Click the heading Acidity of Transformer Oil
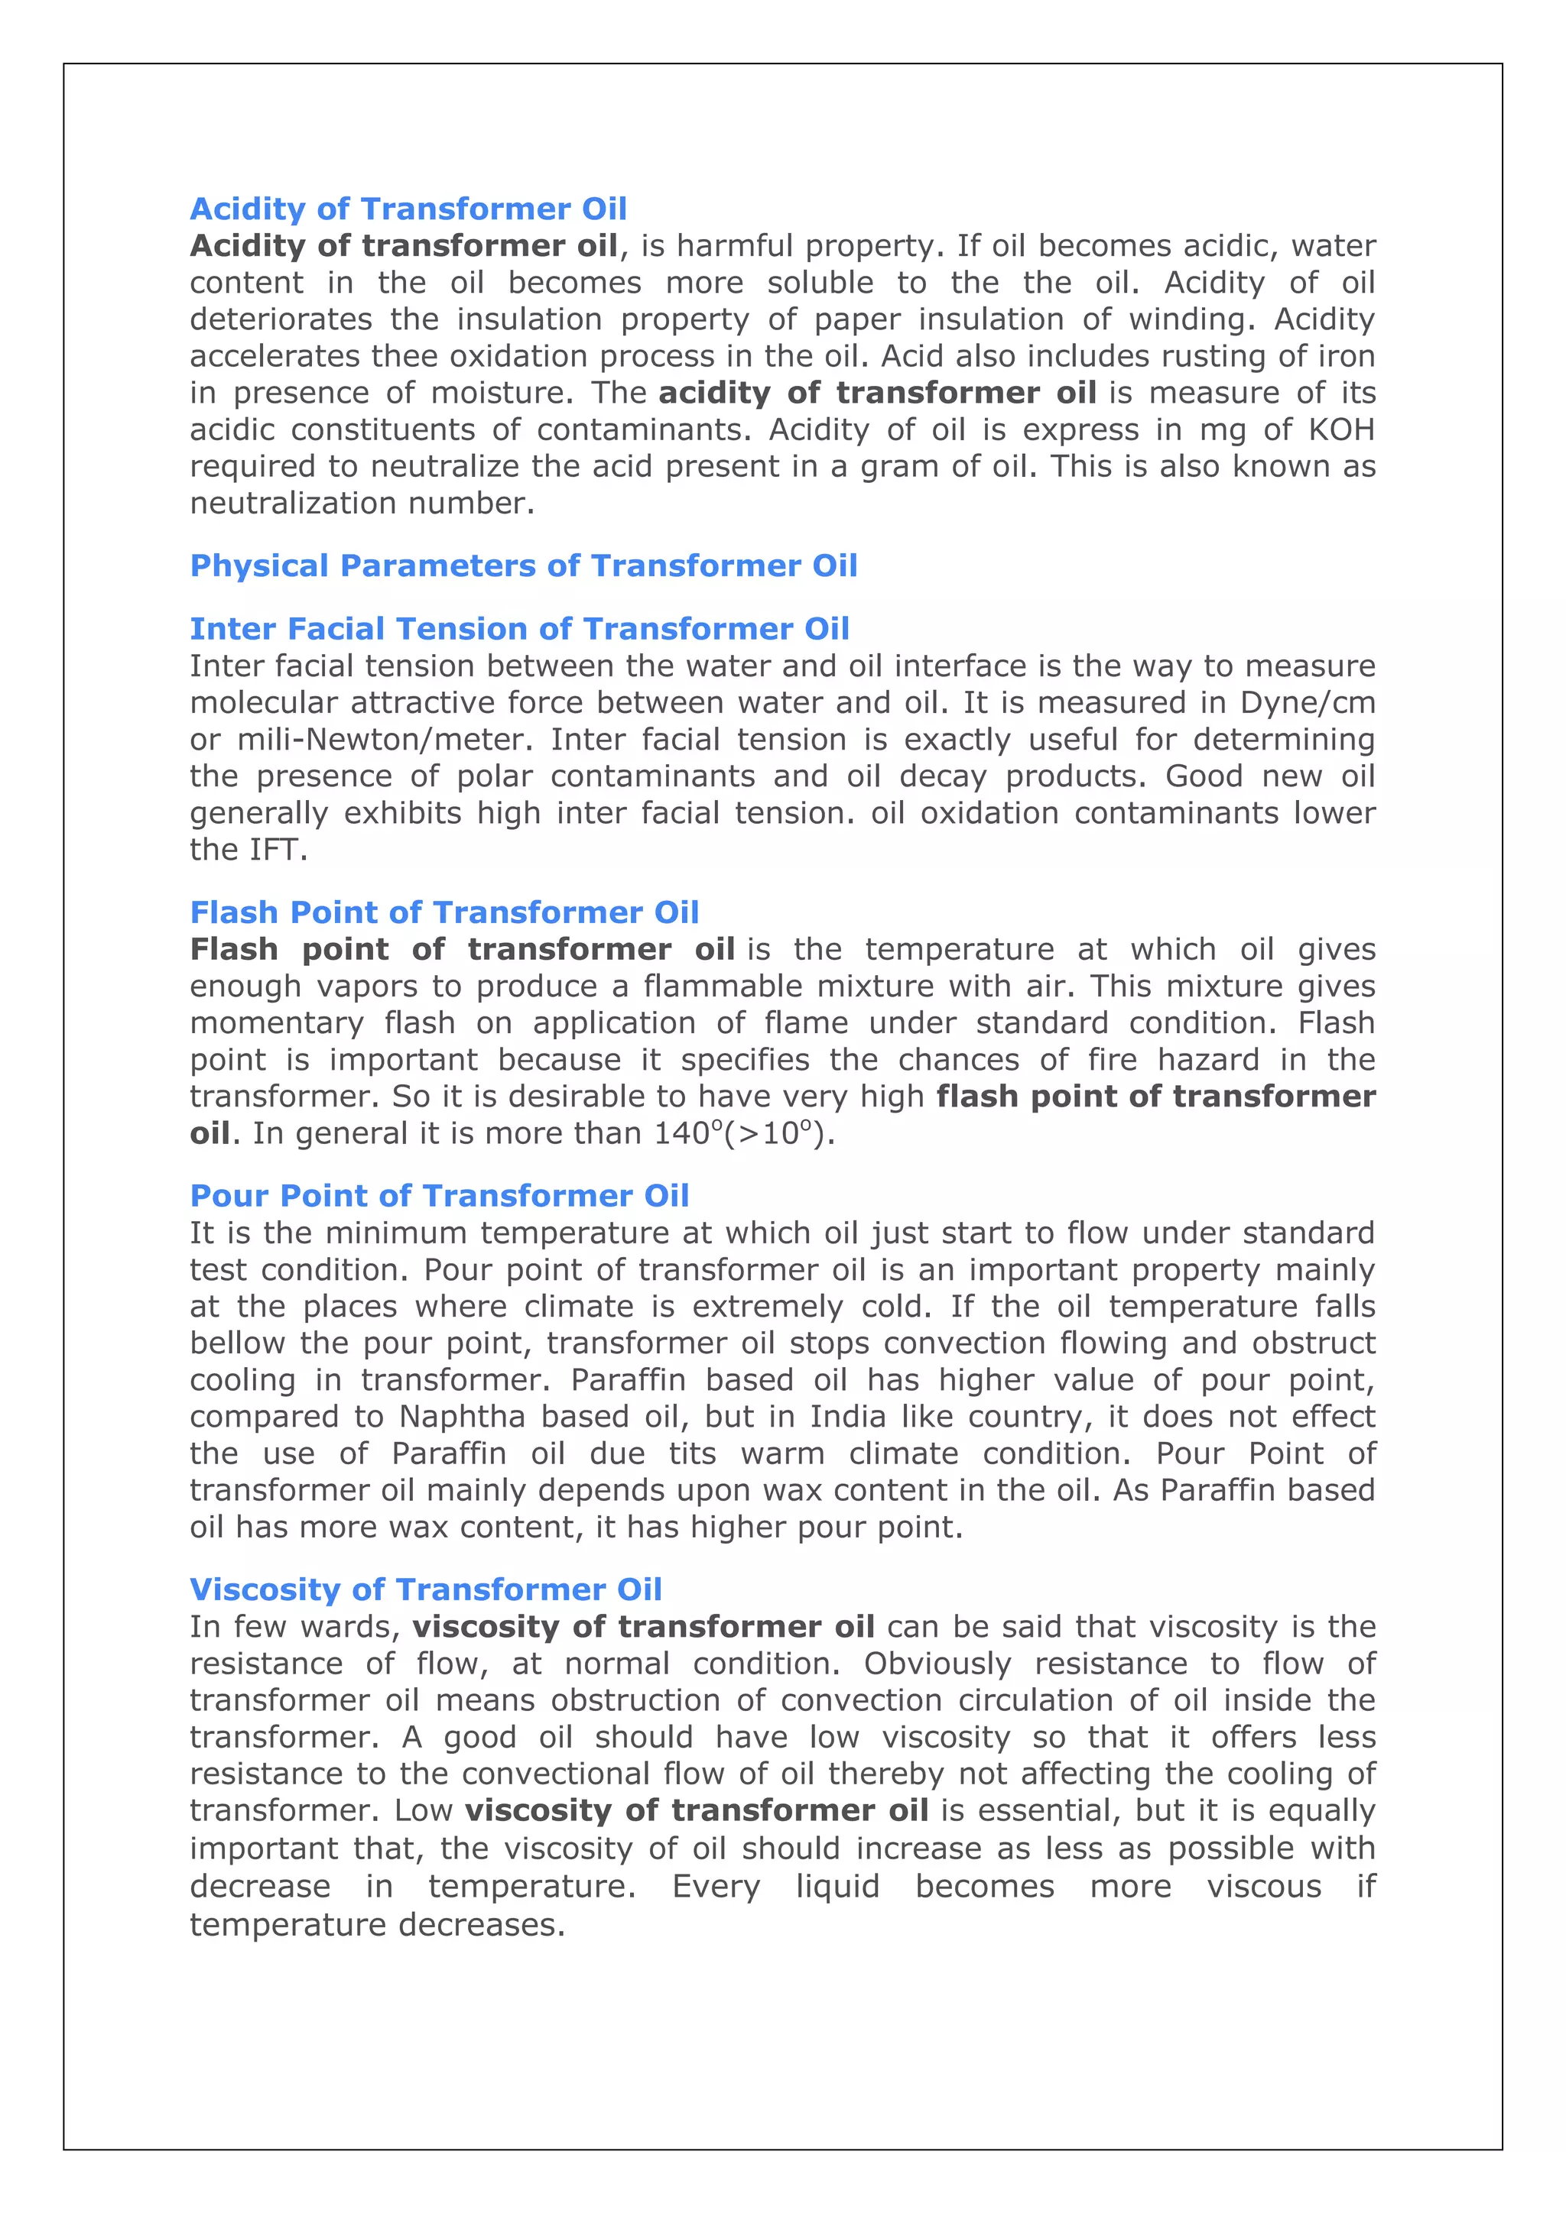408,209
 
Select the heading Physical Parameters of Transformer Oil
524,565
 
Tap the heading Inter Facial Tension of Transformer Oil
518,630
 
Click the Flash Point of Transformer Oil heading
443,912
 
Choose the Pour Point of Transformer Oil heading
439,1196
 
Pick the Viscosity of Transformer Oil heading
425,1589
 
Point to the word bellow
237,1343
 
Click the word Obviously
937,1664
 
